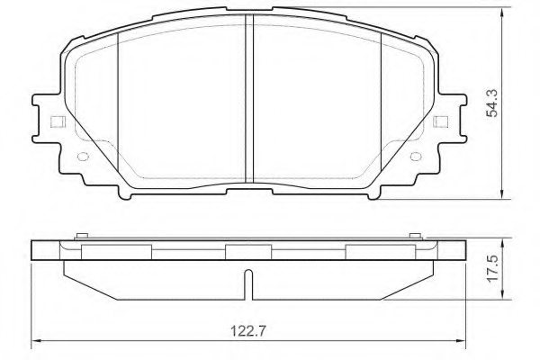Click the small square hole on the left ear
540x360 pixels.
[x=55, y=123]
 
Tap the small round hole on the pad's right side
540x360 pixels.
[x=411, y=155]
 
